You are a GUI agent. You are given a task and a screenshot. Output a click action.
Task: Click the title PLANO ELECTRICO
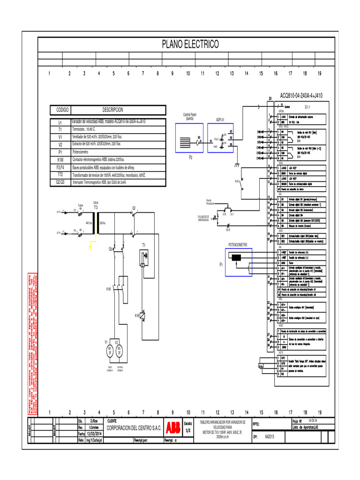point(190,45)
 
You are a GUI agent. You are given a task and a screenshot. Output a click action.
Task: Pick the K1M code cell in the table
point(60,159)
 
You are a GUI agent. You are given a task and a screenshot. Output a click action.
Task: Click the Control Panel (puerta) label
point(189,116)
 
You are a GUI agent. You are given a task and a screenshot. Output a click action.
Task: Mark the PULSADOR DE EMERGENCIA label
point(206,218)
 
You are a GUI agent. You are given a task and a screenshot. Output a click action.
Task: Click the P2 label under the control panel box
point(191,158)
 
